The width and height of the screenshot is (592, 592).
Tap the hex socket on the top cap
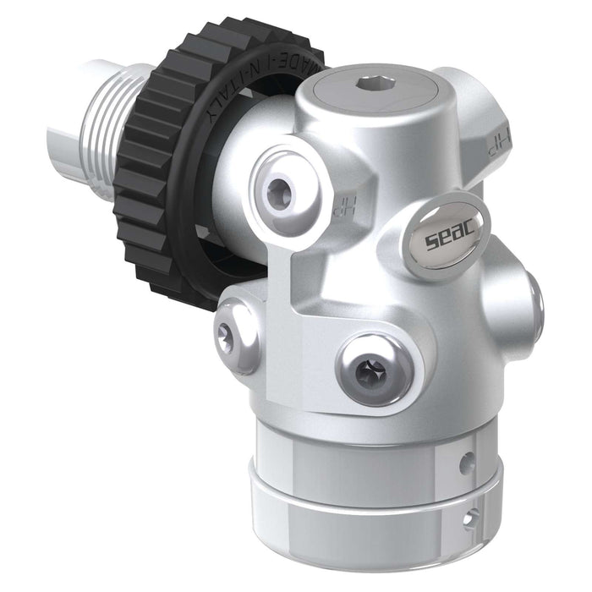click(370, 84)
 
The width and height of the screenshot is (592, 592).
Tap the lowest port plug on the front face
click(373, 367)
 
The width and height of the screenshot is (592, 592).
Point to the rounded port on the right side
click(524, 300)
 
